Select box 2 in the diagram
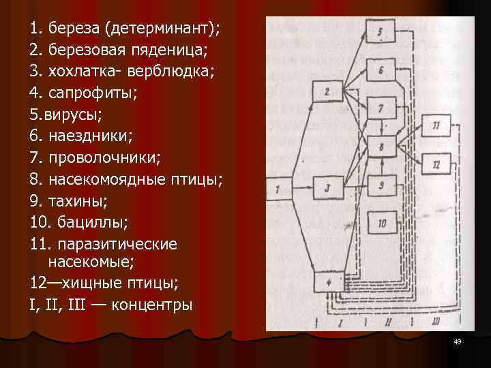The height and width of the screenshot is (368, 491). [328, 91]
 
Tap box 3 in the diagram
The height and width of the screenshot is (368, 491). [328, 188]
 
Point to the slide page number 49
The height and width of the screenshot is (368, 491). [457, 341]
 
